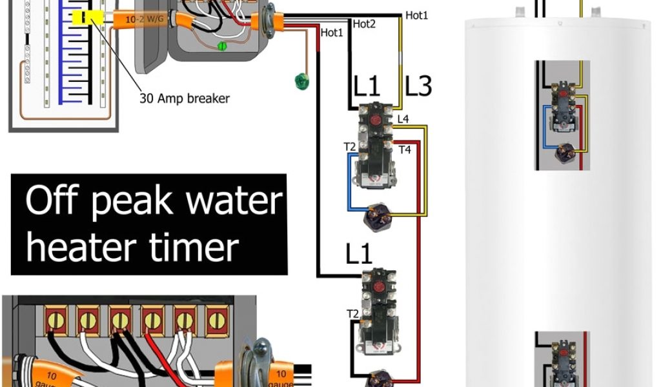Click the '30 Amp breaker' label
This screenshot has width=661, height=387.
click(185, 99)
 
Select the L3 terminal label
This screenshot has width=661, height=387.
click(418, 86)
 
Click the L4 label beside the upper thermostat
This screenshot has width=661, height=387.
click(403, 119)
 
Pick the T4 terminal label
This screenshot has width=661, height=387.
click(405, 150)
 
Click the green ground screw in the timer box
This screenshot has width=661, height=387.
click(222, 46)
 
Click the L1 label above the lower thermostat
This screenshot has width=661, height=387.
click(359, 255)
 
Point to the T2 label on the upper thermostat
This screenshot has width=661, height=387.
click(350, 148)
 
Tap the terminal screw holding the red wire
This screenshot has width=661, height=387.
click(152, 319)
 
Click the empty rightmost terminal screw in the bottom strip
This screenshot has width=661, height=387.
click(218, 319)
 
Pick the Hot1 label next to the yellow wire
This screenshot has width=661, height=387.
click(416, 15)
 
